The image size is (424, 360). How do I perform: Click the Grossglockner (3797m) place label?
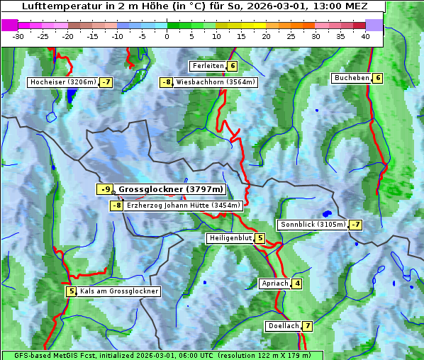tap(170, 189)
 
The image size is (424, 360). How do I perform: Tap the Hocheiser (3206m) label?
tap(62, 82)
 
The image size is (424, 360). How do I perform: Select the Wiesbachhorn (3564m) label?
tap(216, 82)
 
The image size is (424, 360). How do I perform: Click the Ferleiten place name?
tap(208, 66)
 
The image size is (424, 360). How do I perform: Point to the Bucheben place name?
tap(352, 78)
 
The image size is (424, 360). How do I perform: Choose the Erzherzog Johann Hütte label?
tap(184, 206)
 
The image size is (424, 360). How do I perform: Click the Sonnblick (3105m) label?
tap(313, 225)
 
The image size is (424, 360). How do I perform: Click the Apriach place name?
tap(274, 283)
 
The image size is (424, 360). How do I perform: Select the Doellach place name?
tap(284, 326)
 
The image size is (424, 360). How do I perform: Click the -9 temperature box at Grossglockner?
tap(105, 189)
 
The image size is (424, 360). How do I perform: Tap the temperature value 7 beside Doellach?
tap(308, 326)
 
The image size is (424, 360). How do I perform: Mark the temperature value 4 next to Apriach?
tap(297, 283)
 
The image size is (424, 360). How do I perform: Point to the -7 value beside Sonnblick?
tap(356, 225)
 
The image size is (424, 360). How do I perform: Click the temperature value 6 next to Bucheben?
tap(378, 78)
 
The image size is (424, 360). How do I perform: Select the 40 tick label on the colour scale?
tap(365, 36)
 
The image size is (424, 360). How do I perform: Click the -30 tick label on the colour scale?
tap(18, 36)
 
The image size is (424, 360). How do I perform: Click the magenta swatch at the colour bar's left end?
tap(10, 25)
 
